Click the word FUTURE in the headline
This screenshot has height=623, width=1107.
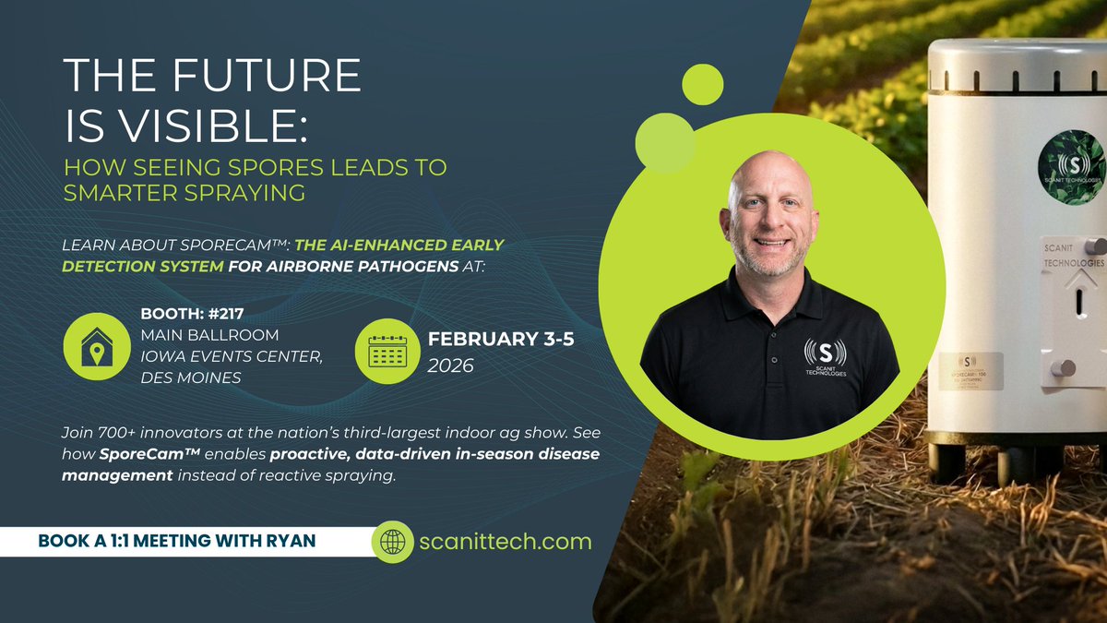click(x=277, y=76)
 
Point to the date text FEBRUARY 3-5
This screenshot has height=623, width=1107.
click(x=501, y=339)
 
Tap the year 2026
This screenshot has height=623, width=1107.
click(x=450, y=365)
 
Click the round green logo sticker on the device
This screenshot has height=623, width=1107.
click(x=1070, y=167)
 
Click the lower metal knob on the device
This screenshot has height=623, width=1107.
click(x=1064, y=368)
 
